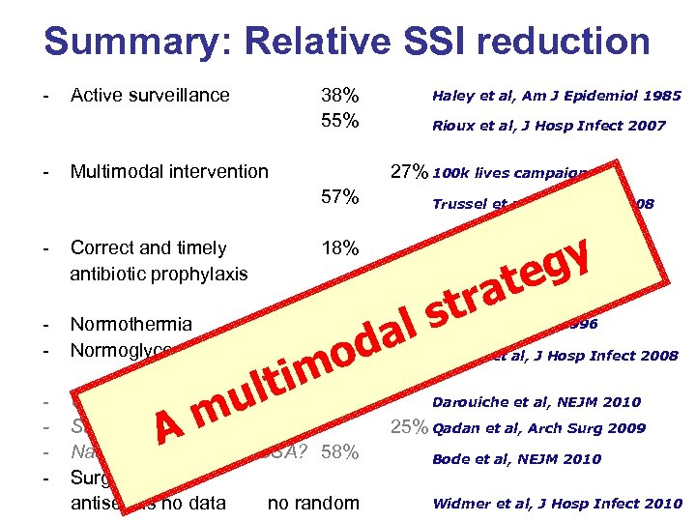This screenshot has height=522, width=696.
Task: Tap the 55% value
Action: tap(340, 121)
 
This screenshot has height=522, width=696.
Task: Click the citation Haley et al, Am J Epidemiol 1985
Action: tap(556, 96)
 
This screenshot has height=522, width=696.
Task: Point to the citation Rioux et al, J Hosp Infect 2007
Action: tap(548, 126)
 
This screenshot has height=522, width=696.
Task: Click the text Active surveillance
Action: tap(150, 95)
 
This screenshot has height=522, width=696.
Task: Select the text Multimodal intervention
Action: tap(169, 172)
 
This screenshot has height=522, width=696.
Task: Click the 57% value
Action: tap(340, 198)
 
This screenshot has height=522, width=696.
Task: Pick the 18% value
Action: tap(340, 248)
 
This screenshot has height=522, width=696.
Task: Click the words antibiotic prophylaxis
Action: tap(159, 274)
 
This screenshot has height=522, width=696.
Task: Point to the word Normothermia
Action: tap(131, 325)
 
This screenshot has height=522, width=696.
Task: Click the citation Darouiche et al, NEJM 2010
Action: tap(550, 401)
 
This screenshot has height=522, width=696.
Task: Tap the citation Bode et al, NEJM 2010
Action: tap(531, 459)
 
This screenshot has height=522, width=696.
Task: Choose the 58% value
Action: tap(340, 451)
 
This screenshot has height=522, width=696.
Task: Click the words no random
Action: tap(313, 503)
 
